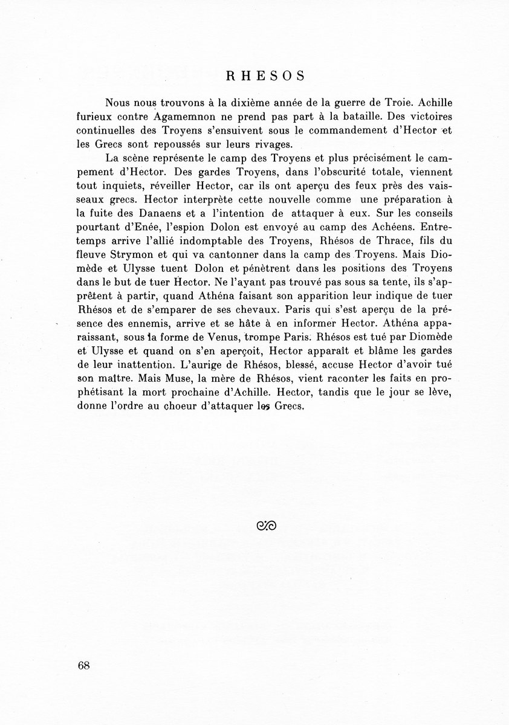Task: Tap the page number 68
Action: point(84,666)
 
